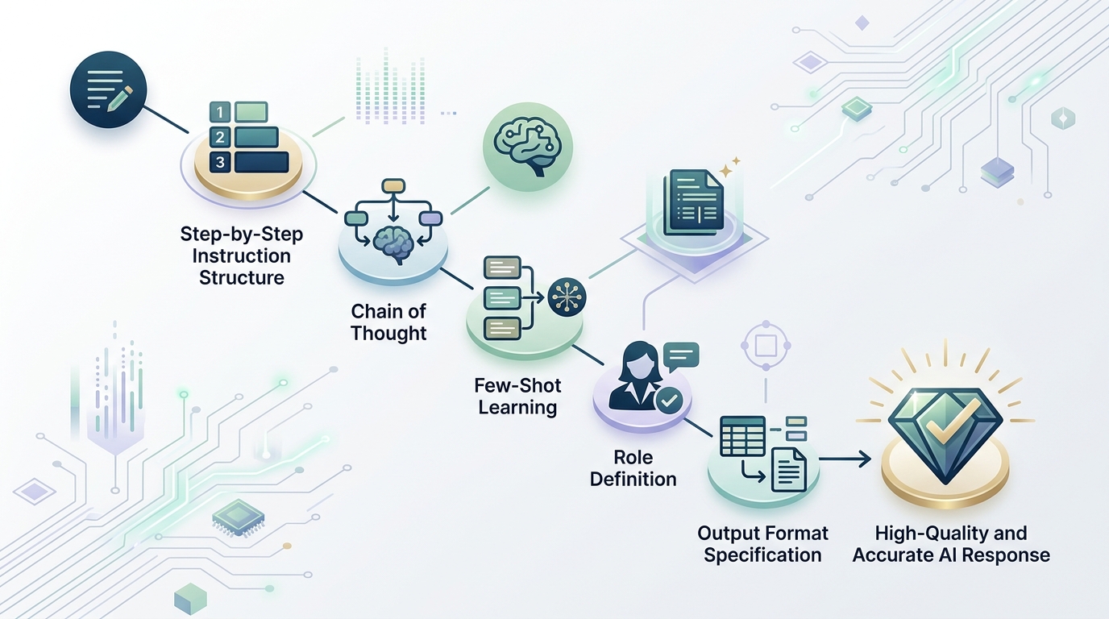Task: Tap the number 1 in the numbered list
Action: [x=219, y=110]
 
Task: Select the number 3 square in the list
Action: [x=219, y=163]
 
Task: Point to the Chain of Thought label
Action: [x=388, y=322]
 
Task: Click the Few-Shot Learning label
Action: [x=517, y=396]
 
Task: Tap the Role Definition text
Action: [x=633, y=468]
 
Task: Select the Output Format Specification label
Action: [x=762, y=544]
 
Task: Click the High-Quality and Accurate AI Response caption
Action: [x=951, y=544]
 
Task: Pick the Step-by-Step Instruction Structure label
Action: [x=241, y=256]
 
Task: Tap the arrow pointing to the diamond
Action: [x=846, y=459]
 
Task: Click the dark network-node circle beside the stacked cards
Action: [x=567, y=297]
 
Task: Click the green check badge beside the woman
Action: [x=669, y=400]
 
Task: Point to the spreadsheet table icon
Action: [x=743, y=437]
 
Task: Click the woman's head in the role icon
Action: [x=631, y=359]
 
